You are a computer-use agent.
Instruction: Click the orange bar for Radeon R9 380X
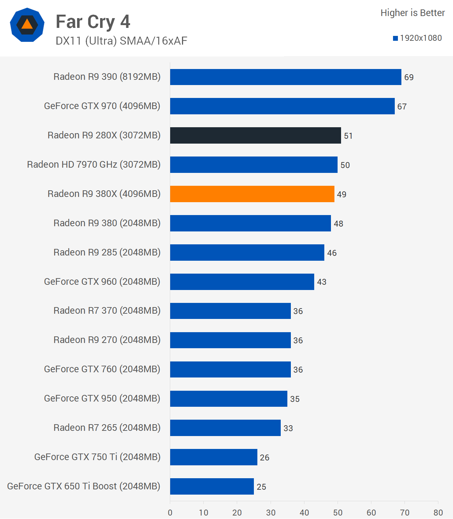(252, 194)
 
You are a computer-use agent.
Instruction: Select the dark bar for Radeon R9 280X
(255, 135)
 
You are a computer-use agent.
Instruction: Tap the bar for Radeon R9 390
(286, 77)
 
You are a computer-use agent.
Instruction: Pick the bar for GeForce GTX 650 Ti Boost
(212, 486)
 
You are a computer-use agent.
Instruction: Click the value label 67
(402, 107)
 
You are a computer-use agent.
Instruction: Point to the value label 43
(322, 282)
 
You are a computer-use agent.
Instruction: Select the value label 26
(264, 458)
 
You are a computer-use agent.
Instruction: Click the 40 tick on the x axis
(304, 512)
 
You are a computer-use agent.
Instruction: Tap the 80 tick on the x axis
(438, 512)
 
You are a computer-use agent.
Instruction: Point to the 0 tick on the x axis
(170, 512)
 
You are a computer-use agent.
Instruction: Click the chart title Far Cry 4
(93, 22)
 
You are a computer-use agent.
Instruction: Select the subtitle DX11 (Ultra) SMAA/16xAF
(121, 41)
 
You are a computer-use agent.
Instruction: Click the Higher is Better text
(413, 13)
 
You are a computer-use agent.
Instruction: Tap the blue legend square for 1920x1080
(395, 38)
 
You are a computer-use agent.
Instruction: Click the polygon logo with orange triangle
(27, 25)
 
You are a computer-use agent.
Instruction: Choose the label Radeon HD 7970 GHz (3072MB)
(94, 165)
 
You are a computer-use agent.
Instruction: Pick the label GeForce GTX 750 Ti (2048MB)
(97, 457)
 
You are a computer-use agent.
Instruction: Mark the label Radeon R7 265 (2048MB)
(107, 428)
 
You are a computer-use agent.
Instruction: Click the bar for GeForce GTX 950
(228, 399)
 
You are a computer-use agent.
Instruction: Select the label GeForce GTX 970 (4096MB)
(102, 106)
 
